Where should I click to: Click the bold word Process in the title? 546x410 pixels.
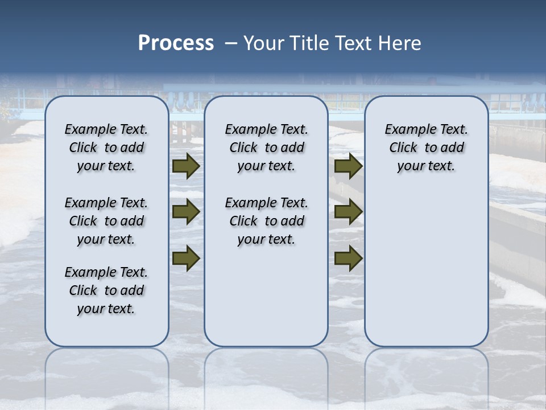176,43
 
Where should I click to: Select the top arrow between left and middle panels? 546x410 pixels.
185,166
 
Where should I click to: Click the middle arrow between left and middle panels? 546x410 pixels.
185,212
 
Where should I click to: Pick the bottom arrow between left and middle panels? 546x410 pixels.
185,258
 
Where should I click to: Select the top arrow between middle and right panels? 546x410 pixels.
348,166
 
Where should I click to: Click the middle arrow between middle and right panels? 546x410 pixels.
348,212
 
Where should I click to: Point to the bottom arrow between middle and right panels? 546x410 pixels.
348,258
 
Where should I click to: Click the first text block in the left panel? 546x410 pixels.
106,147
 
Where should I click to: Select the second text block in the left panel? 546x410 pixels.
106,221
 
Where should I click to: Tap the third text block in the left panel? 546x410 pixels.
106,290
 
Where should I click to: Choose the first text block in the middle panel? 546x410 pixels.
266,147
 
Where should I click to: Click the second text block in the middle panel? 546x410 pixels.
266,221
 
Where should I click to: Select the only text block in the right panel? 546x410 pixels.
427,147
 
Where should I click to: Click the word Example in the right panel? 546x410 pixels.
407,130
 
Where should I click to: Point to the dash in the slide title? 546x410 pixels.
231,43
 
